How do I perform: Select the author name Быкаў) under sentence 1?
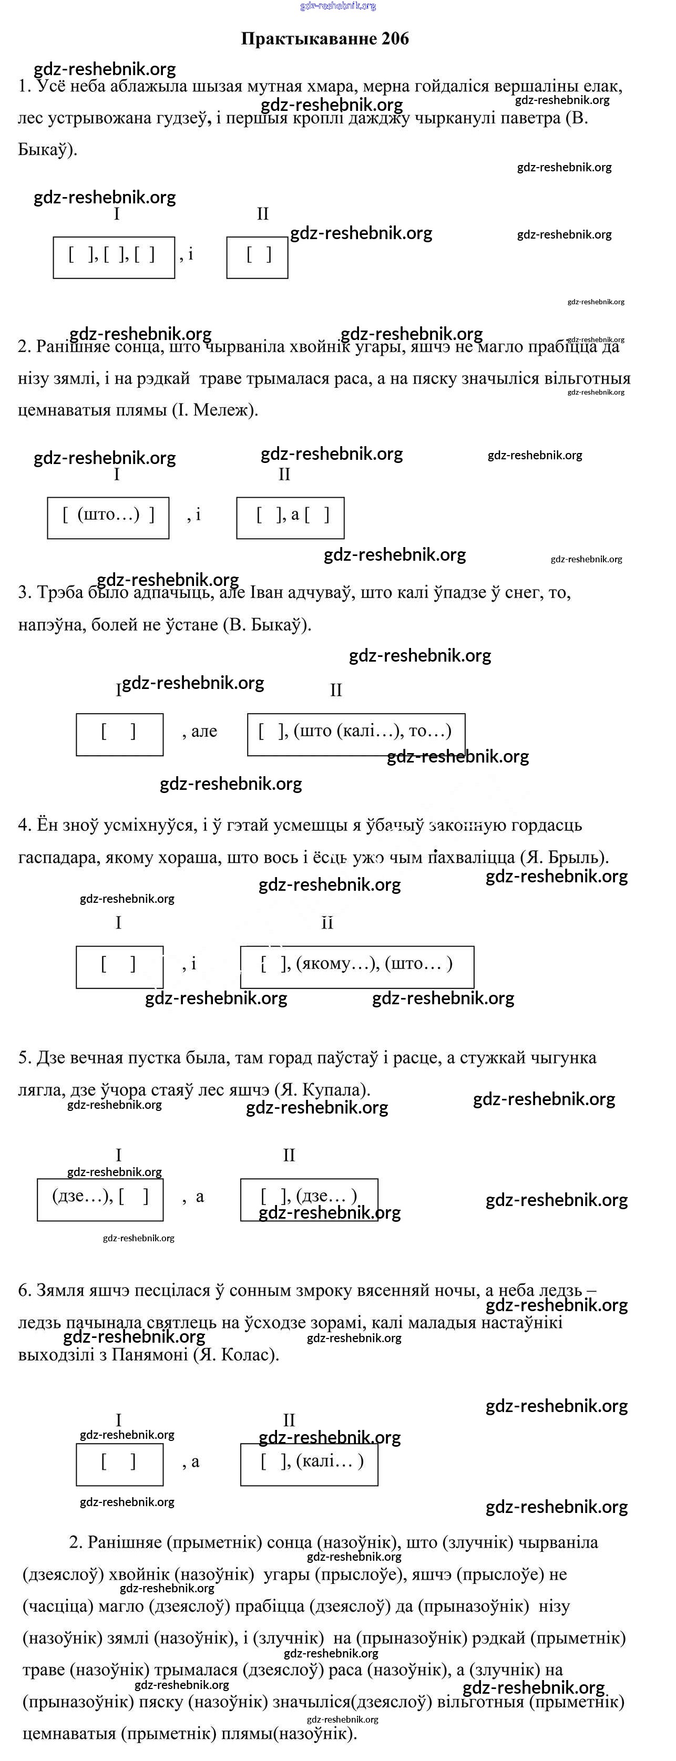[x=46, y=150]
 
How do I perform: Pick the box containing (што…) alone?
[x=108, y=518]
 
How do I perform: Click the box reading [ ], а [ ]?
[x=290, y=518]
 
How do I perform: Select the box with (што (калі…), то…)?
[x=355, y=734]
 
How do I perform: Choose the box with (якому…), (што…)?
[x=357, y=966]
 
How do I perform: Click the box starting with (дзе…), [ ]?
[x=100, y=1199]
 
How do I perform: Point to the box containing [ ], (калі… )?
[x=309, y=1464]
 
